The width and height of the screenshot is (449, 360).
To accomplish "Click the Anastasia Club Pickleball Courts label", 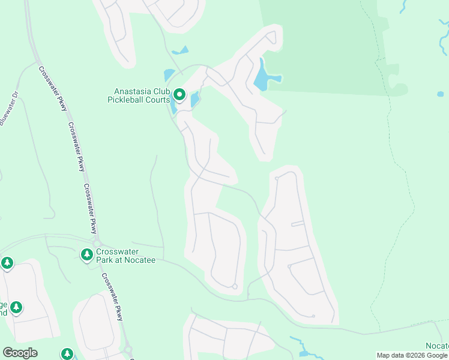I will [x=139, y=95].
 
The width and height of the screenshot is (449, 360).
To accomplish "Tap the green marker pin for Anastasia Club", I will [x=179, y=95].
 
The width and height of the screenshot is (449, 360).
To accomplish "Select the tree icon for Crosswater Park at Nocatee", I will [x=87, y=255].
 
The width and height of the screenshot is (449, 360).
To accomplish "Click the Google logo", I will [x=20, y=353].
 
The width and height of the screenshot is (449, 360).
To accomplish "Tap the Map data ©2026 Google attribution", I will [x=412, y=355].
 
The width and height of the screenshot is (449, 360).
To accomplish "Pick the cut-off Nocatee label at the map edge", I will [x=436, y=346].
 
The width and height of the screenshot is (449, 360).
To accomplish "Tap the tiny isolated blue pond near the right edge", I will [x=441, y=94].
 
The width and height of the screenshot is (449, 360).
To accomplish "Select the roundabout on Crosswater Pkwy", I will [x=127, y=349].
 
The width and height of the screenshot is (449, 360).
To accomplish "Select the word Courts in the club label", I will [x=159, y=100].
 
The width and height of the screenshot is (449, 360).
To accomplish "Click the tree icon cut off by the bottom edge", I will [x=67, y=354].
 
